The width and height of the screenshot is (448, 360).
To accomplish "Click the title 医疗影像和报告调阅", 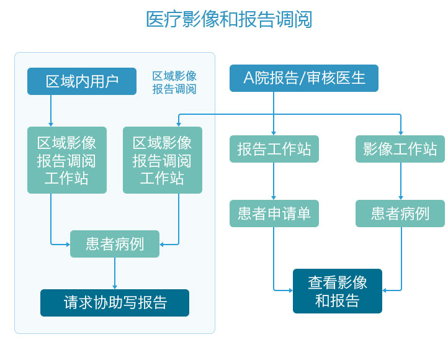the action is tap(229, 19).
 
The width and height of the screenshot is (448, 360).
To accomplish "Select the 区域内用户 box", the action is tap(82, 81).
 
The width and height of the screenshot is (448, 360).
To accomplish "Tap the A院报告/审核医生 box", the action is tap(304, 78).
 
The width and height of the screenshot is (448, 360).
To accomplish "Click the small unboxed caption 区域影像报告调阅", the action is tap(174, 83).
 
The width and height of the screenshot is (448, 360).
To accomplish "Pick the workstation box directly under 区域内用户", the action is tap(67, 160).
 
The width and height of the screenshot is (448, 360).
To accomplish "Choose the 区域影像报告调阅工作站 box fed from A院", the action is tap(163, 160).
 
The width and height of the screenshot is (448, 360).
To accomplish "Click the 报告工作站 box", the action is tap(274, 149).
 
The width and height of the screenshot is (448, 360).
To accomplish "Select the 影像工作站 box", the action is tap(400, 149).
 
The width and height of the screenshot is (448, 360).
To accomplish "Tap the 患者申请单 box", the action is tap(274, 214).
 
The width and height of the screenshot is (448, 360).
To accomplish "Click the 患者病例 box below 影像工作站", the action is tap(400, 214).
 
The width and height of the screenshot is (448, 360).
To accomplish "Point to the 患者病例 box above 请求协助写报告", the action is tap(115, 244).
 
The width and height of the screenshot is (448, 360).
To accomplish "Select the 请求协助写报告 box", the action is tap(115, 303).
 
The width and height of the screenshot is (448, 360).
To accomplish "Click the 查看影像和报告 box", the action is tap(338, 291).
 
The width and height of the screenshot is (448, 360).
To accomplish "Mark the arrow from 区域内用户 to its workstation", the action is tap(51, 110).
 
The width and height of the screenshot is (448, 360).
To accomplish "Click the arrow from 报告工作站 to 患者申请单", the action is tap(274, 181).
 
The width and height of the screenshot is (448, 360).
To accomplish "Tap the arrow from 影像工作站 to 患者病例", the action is tap(401, 181).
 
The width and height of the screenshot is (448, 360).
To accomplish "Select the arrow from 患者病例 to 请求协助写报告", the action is tap(115, 273).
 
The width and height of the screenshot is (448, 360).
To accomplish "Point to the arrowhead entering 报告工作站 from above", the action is tap(274, 133).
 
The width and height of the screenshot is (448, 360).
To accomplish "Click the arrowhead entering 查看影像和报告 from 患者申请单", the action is tap(291, 290).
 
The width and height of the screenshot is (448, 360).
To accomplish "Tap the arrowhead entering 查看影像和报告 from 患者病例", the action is tap(384, 290).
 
